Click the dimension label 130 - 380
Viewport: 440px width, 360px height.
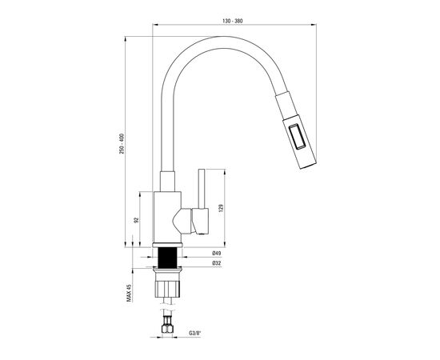pos(233,21)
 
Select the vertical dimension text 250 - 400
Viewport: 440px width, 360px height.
pos(122,144)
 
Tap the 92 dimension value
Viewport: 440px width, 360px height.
pos(137,220)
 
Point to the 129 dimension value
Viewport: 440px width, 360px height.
pos(221,208)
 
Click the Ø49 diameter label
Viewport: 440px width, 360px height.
pos(217,253)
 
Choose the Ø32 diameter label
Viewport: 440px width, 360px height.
pos(217,263)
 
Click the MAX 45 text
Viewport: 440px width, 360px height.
pos(129,293)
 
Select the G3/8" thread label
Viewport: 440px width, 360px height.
pos(195,334)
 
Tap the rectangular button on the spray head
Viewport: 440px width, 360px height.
pos(297,136)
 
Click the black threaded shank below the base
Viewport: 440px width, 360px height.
pos(168,258)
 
